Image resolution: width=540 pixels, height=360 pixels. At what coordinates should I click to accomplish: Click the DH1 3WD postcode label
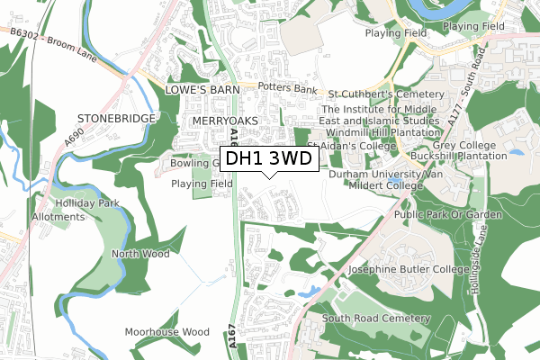tap(269, 158)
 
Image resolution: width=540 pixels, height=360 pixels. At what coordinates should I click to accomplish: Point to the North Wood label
tap(139, 255)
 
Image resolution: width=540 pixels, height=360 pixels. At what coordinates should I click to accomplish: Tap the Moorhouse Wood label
tap(166, 332)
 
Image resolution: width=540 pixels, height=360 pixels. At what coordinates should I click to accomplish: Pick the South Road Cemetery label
tap(376, 319)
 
